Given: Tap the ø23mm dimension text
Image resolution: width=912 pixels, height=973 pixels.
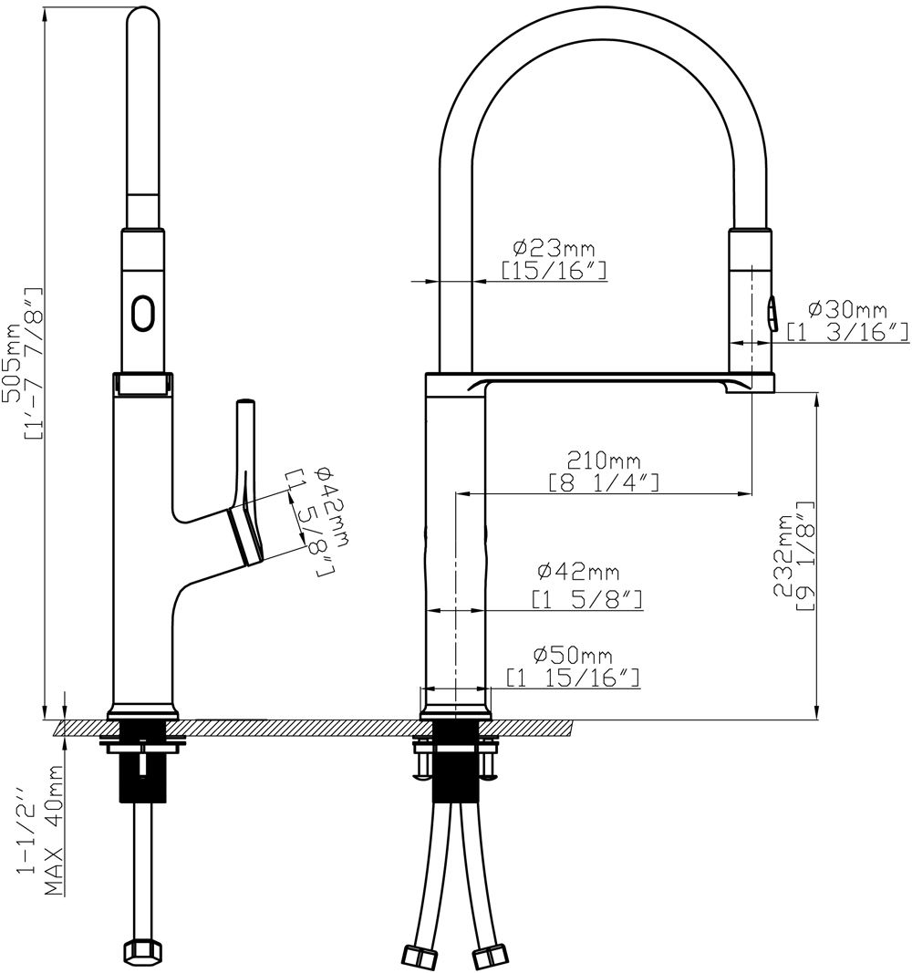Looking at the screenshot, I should click(553, 247).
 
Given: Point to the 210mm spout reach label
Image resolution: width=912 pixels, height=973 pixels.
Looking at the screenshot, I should click(604, 459).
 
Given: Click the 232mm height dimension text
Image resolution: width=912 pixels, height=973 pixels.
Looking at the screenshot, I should click(782, 556).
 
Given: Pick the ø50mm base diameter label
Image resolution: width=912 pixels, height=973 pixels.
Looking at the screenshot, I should click(572, 655).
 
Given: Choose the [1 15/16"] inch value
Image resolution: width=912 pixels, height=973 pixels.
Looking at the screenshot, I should click(572, 678).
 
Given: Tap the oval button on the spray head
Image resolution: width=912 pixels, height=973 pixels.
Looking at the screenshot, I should click(143, 313).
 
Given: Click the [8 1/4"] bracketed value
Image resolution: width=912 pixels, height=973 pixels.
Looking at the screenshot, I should click(604, 482).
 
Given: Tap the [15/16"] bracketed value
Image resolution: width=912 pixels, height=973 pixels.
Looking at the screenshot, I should click(553, 270).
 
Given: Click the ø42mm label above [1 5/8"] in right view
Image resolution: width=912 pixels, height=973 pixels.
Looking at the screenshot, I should click(578, 573).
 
